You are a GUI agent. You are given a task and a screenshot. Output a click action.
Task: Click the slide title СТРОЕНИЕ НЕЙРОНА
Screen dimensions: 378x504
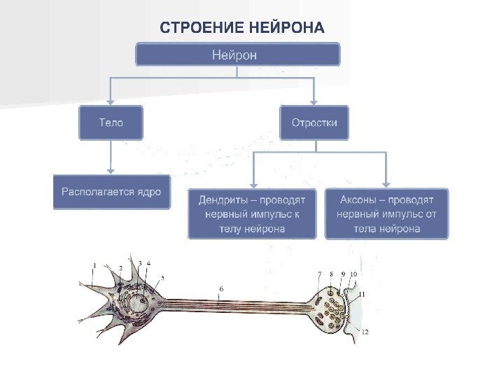(242, 29)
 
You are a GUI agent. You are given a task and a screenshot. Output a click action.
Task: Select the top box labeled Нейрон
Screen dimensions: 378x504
(237, 55)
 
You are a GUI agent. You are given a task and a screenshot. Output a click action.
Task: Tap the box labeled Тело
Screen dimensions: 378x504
(111, 122)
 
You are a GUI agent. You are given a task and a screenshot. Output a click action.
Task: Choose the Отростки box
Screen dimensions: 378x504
(314, 122)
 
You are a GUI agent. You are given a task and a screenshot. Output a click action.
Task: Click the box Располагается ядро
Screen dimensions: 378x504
(111, 191)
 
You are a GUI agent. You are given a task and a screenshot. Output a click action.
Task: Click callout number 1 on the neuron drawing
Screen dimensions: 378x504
(94, 265)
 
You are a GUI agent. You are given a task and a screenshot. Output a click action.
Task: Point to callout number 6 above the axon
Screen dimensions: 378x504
(221, 288)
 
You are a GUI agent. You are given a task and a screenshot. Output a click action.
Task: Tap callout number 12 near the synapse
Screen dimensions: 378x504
(365, 331)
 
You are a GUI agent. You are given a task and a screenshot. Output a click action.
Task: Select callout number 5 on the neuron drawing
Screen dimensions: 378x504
(162, 277)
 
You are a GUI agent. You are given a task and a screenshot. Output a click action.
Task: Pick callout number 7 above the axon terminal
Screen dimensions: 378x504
(319, 274)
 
